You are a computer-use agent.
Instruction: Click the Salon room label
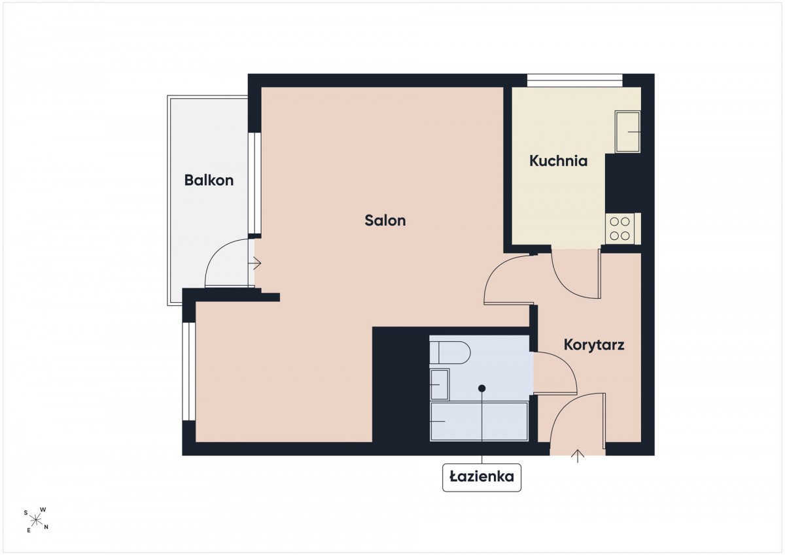(385, 220)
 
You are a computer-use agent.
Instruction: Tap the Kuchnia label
(558, 161)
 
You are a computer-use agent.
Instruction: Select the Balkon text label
(209, 180)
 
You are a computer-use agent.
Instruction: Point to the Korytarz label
(594, 345)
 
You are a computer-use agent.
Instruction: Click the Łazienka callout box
(481, 478)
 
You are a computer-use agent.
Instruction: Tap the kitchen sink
(627, 131)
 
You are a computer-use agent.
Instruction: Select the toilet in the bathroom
(450, 352)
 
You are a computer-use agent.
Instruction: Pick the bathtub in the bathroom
(479, 421)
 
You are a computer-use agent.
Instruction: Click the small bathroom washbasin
(440, 384)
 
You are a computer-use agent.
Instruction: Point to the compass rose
(36, 520)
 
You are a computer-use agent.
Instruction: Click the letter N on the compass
(46, 527)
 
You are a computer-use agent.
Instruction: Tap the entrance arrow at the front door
(578, 456)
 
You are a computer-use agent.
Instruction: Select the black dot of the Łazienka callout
(482, 388)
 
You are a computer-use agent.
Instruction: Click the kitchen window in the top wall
(575, 80)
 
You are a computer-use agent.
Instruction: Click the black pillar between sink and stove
(623, 183)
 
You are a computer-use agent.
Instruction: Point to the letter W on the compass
(43, 509)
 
